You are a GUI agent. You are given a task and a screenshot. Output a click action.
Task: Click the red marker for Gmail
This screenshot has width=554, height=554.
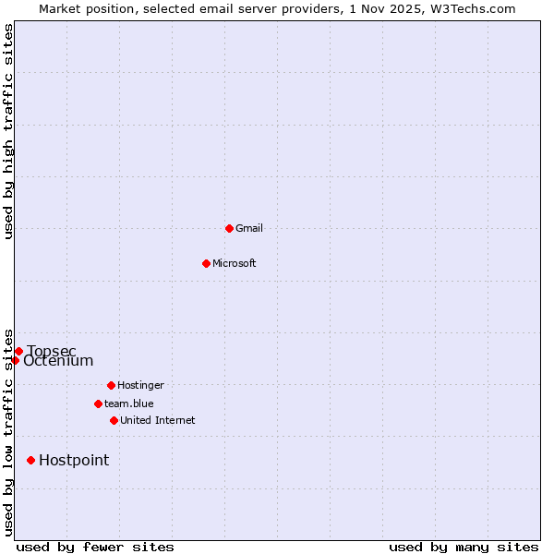coord(229,228)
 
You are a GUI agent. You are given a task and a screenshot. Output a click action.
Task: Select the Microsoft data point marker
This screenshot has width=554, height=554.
coord(206,263)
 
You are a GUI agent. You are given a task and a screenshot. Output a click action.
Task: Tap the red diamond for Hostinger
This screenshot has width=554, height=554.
coord(111,385)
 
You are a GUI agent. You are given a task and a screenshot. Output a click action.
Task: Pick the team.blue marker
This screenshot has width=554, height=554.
coord(98,403)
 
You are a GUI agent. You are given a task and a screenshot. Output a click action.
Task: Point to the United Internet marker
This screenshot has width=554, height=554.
coord(114,420)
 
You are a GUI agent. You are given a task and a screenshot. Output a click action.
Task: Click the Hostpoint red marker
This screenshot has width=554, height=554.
coord(30,460)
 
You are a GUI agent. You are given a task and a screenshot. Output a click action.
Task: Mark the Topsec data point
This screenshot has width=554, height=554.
coord(18,351)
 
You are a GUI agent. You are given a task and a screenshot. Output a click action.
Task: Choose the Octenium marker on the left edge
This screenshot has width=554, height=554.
coord(15,360)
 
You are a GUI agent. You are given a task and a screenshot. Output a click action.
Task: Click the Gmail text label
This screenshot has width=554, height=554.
coord(249,228)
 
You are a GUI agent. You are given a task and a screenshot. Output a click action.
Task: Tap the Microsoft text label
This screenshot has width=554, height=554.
coord(235,263)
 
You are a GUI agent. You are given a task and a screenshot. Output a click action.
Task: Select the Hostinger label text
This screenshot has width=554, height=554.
coord(140,385)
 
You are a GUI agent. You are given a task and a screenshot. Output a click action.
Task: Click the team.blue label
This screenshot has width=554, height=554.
coord(129,403)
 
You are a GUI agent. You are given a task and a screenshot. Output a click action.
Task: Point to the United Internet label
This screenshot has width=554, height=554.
coord(158,420)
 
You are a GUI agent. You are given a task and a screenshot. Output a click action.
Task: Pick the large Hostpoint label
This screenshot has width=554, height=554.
coord(74,460)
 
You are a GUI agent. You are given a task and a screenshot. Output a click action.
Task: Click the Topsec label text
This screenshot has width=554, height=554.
coord(52,351)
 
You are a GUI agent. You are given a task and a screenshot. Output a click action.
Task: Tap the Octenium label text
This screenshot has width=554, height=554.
coord(58,361)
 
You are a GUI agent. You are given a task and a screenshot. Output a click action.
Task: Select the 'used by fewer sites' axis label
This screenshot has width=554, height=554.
coord(95,547)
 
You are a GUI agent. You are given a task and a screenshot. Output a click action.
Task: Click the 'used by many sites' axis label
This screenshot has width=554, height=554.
coord(464,547)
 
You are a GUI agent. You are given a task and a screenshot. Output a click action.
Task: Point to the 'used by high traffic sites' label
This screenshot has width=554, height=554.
coord(8,131)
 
